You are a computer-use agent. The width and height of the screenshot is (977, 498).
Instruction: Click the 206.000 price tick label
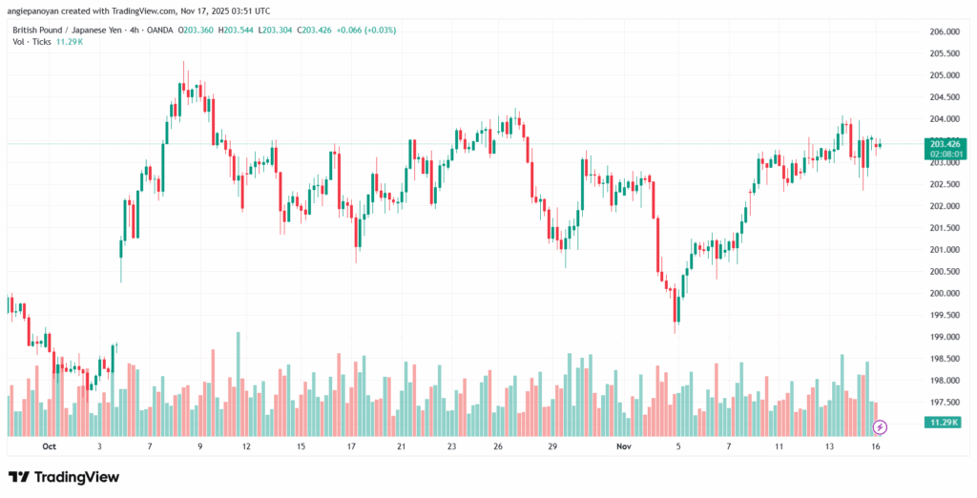944,31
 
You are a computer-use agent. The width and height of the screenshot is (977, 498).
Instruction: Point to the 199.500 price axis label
944,315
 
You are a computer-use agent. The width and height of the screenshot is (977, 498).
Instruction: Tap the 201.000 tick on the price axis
944,250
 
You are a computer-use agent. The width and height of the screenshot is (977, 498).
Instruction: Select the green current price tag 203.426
943,143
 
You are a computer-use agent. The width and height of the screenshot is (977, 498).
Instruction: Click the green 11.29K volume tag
943,422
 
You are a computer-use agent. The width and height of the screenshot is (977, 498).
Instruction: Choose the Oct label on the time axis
50,446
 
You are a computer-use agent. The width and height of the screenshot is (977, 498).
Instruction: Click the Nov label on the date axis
624,446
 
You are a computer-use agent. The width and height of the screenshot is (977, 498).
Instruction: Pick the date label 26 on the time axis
498,446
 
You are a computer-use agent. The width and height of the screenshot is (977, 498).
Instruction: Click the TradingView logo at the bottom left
64,476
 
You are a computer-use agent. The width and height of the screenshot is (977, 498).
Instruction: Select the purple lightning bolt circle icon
881,426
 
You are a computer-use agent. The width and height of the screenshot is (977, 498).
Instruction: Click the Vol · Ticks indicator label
31,43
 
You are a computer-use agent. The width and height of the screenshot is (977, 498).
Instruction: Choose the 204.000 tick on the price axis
944,119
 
